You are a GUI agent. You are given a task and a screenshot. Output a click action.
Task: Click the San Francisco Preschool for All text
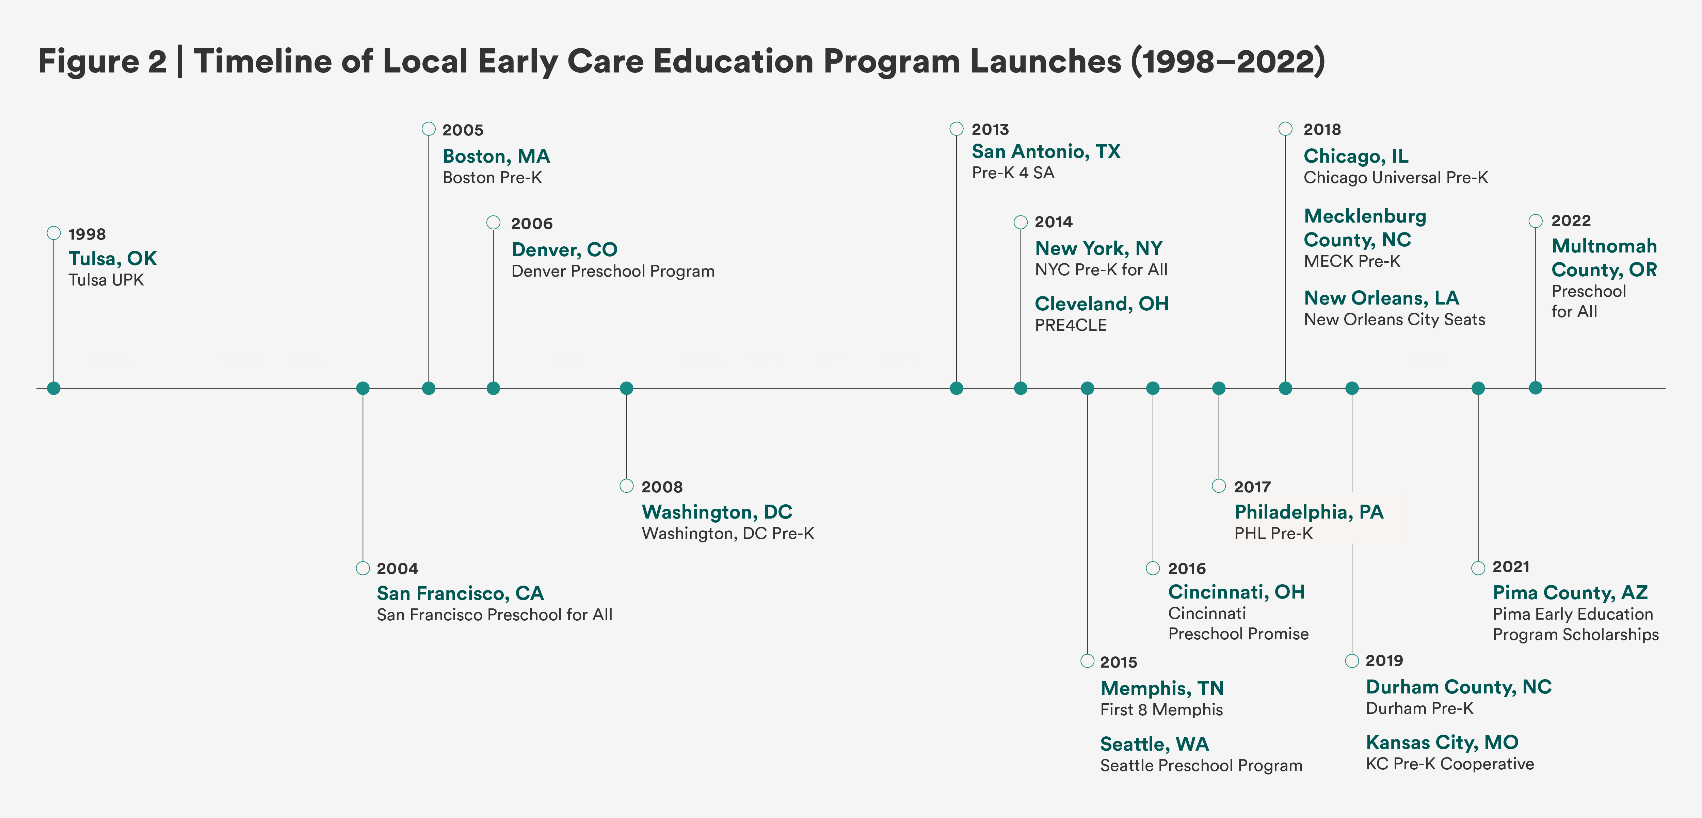[494, 615]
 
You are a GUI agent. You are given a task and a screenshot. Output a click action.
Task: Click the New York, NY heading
[1098, 248]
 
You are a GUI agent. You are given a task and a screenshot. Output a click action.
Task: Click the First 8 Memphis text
[1161, 710]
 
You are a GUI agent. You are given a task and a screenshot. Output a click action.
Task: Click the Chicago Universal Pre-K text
[1395, 178]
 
